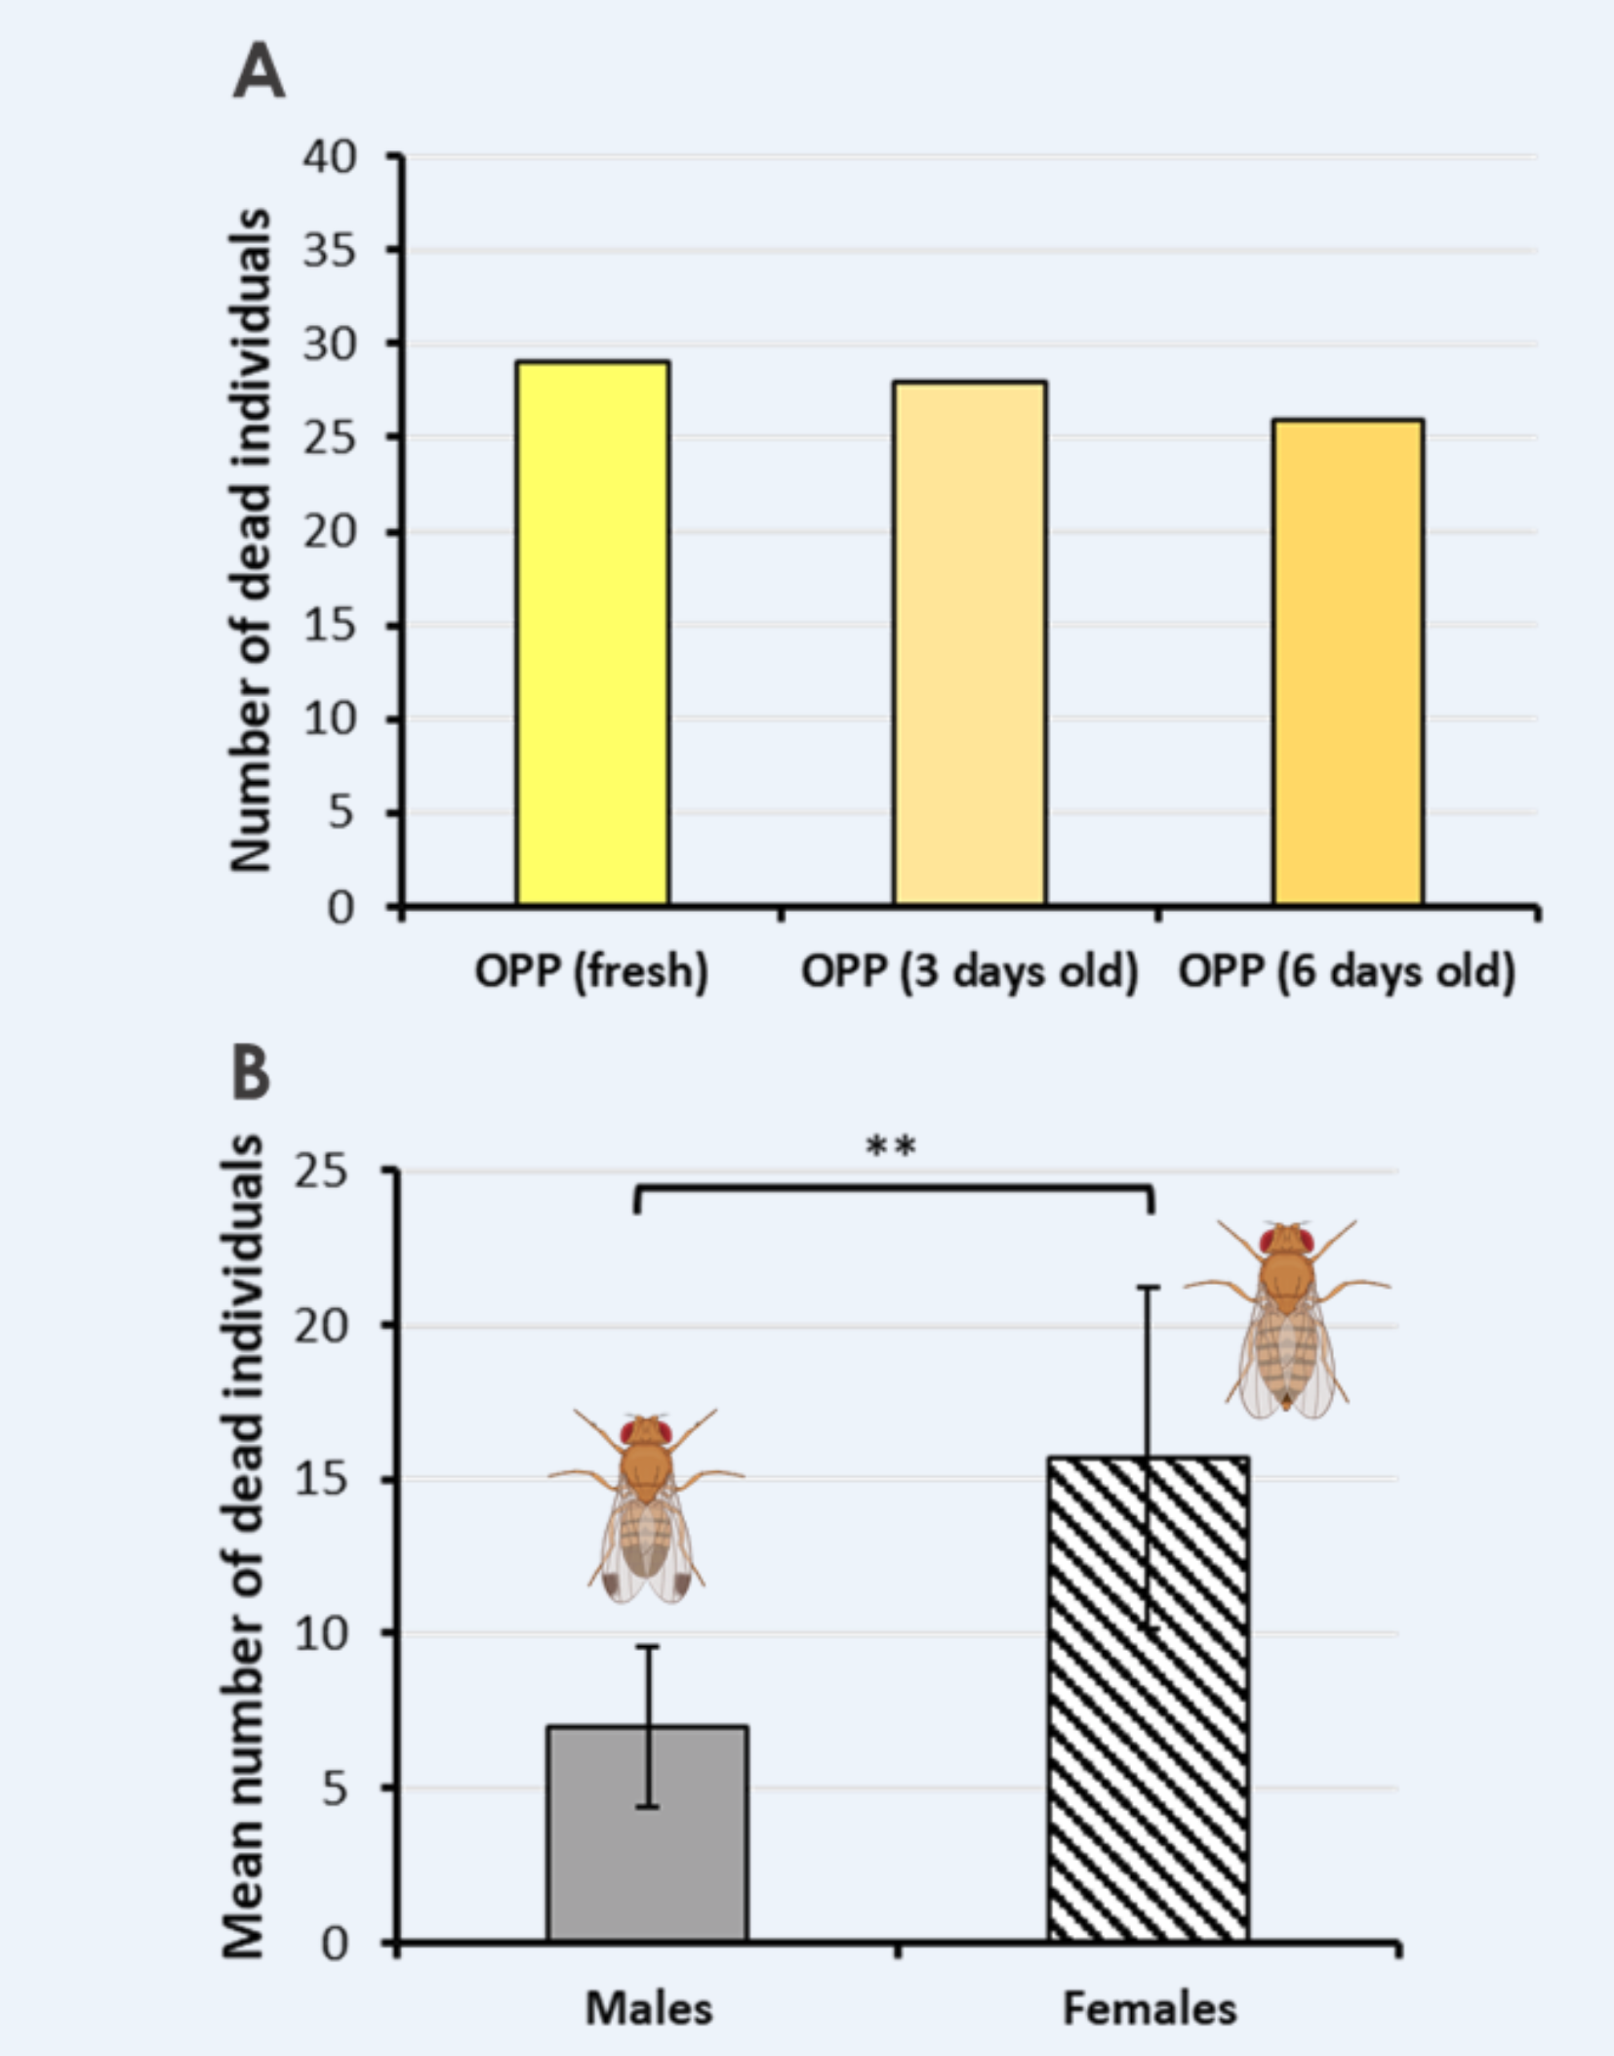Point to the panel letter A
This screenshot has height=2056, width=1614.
pyautogui.click(x=259, y=73)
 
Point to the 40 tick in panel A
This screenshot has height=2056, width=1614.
pyautogui.click(x=330, y=157)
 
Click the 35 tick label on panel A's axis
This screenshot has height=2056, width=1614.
pyautogui.click(x=330, y=252)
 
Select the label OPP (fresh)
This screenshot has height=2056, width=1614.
pyautogui.click(x=591, y=971)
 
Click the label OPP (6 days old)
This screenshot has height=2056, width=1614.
pyautogui.click(x=1347, y=971)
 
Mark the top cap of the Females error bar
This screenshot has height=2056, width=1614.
pyautogui.click(x=1149, y=1288)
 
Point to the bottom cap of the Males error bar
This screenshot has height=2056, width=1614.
pyautogui.click(x=647, y=1807)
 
